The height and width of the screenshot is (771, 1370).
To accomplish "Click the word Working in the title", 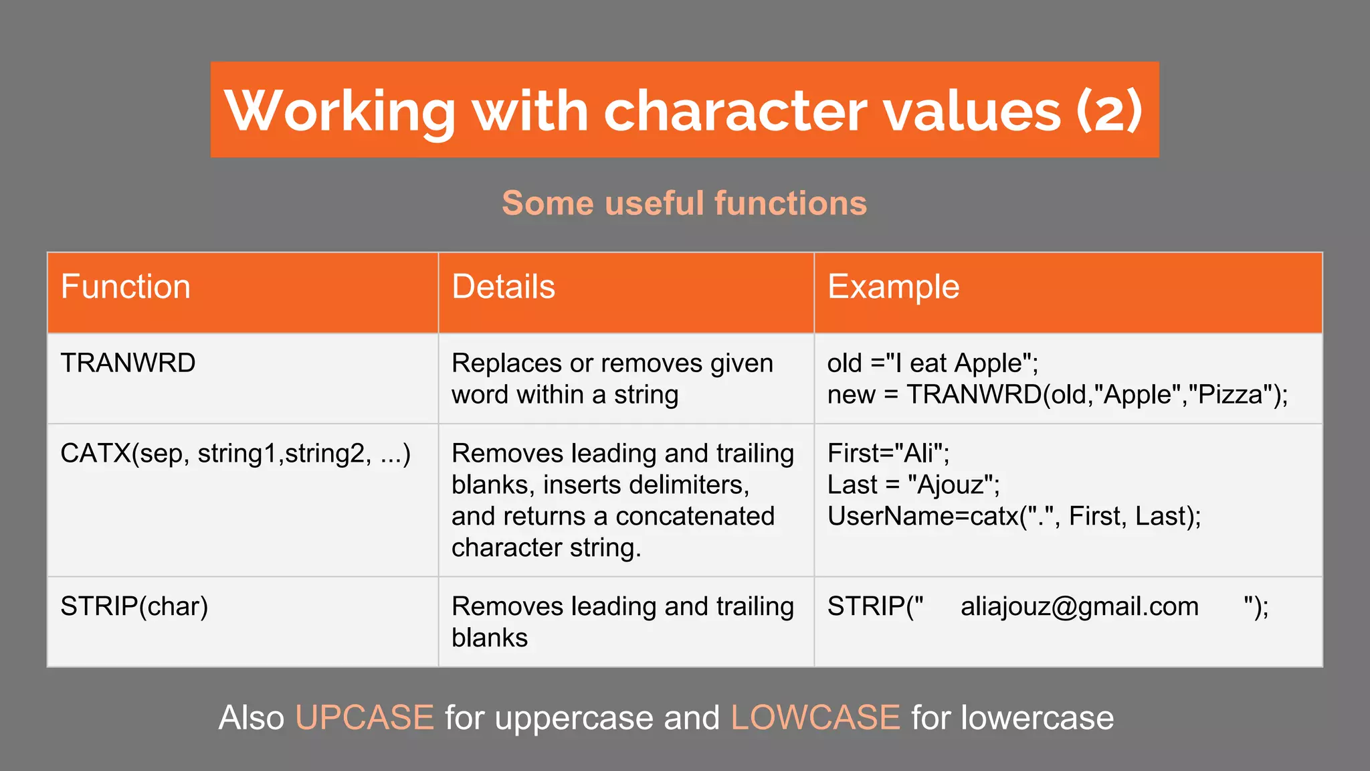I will click(x=340, y=110).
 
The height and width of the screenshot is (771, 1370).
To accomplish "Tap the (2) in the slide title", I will click(x=1109, y=110).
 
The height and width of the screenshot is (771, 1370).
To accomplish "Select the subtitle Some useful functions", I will click(x=684, y=203).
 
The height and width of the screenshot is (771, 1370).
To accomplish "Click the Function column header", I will click(x=126, y=287).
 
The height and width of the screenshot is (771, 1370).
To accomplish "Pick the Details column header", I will click(x=503, y=287).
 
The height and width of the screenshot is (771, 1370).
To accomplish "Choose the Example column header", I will click(x=893, y=287).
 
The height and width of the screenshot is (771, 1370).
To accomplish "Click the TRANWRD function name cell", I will click(x=128, y=363).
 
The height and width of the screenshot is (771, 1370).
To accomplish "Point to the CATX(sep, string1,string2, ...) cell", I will click(x=235, y=454).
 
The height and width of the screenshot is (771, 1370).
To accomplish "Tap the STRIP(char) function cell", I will click(x=134, y=606).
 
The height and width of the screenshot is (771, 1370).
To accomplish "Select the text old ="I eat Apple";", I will click(x=933, y=363).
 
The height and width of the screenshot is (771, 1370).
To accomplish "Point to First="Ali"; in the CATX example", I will click(x=888, y=454).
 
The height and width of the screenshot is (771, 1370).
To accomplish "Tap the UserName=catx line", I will click(x=1013, y=517).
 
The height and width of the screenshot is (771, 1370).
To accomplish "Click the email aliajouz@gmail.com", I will click(x=1079, y=606).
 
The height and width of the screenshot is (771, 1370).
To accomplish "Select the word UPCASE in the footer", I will click(x=365, y=718).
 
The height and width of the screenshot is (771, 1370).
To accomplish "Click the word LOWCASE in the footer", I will click(x=815, y=718).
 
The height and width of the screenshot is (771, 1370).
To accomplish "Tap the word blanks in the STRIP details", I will click(x=489, y=638).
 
